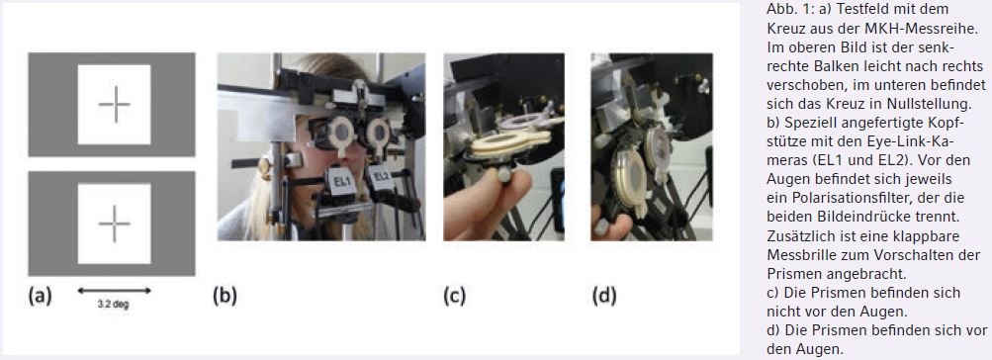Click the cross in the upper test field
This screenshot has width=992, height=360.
point(116,105)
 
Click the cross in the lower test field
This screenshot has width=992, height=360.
point(115,224)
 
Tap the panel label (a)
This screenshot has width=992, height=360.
point(40,296)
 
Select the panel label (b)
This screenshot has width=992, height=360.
point(225,296)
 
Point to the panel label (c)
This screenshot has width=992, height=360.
point(454,296)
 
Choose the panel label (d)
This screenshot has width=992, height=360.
point(604,296)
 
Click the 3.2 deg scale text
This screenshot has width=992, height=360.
point(114,305)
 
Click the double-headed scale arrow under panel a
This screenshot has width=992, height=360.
point(114,291)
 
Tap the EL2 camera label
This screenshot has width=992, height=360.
point(381,178)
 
